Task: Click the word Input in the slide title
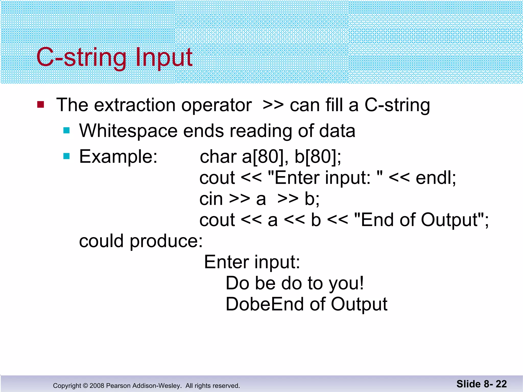164,57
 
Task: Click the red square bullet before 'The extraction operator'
41,105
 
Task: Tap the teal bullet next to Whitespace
66,131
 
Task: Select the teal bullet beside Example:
66,156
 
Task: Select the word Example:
118,156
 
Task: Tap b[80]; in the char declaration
318,157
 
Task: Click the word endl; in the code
436,178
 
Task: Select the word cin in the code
211,199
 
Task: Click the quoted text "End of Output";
421,220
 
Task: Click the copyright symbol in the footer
85,386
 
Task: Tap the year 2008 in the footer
97,386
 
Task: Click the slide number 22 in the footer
501,384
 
